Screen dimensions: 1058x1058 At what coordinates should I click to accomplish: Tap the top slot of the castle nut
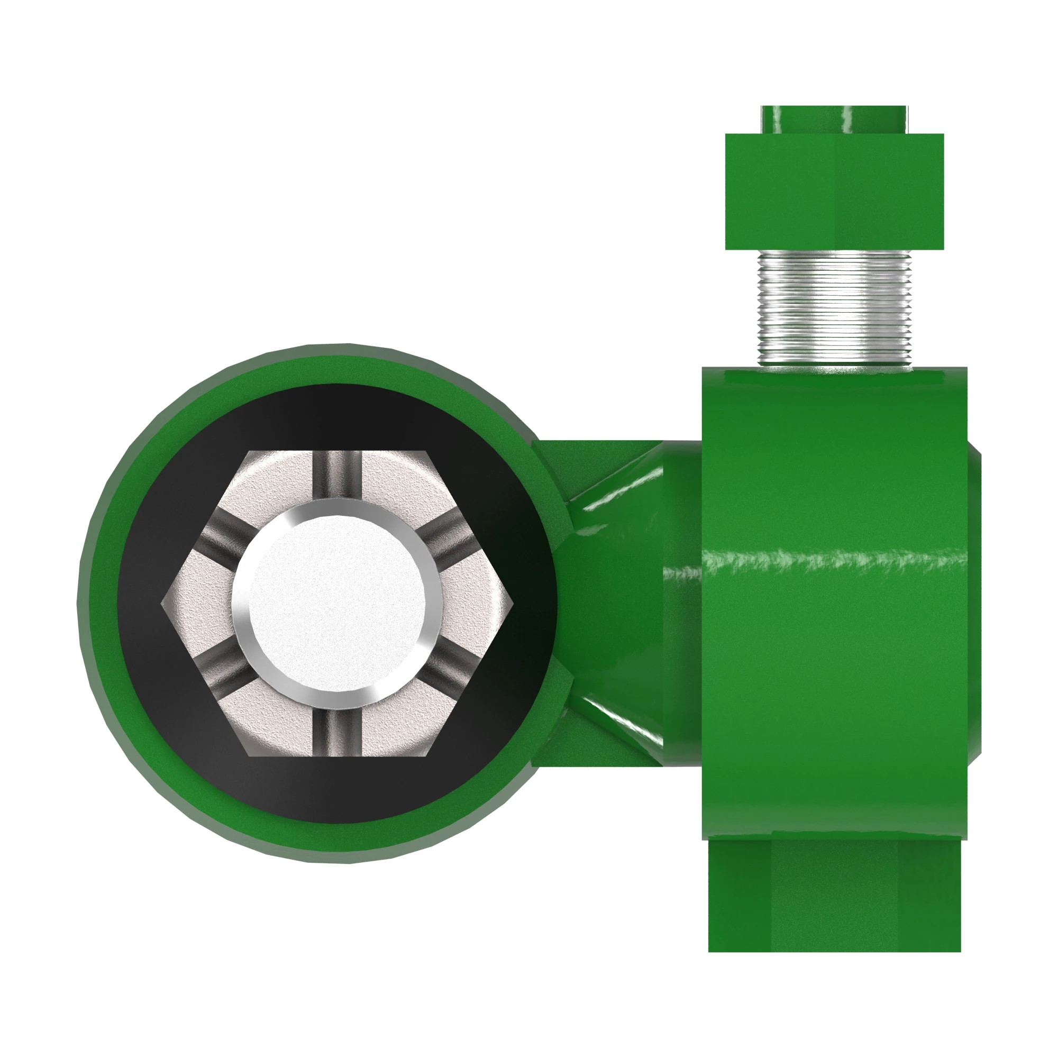pos(339,474)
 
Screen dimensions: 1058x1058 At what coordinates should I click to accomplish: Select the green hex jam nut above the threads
pos(833,191)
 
